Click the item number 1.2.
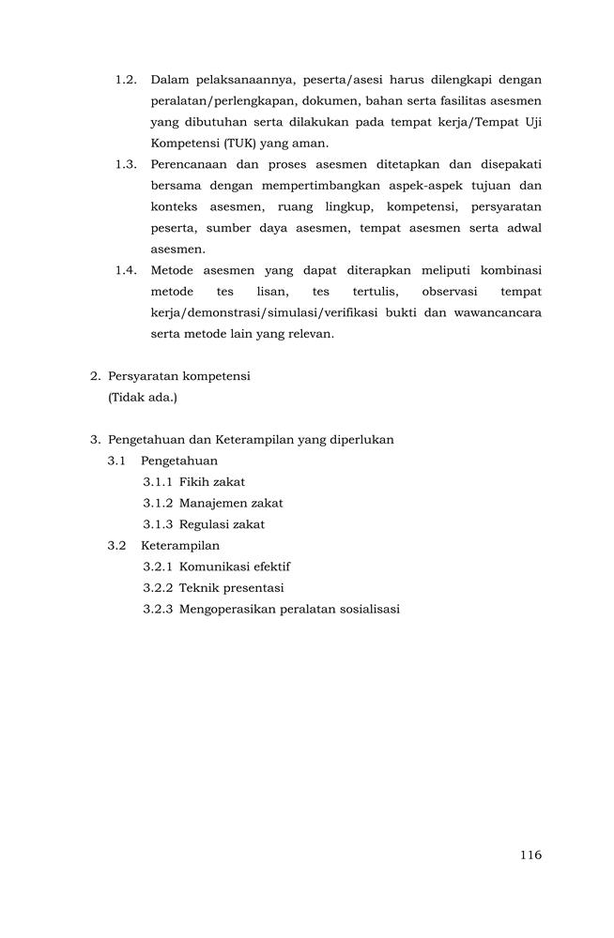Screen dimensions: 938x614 [126, 80]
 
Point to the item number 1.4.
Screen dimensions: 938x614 [126, 270]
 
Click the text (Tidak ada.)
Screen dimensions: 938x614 [143, 398]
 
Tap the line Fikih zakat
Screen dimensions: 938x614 [212, 482]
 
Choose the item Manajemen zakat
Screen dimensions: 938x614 [231, 503]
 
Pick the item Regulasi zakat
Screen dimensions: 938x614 [222, 524]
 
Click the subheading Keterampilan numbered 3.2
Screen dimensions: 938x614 [180, 545]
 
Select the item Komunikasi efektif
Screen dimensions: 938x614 [235, 567]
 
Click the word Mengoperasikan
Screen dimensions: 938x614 [225, 610]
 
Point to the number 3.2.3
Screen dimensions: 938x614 [158, 610]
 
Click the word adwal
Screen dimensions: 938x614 [522, 228]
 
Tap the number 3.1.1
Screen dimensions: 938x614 [158, 482]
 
